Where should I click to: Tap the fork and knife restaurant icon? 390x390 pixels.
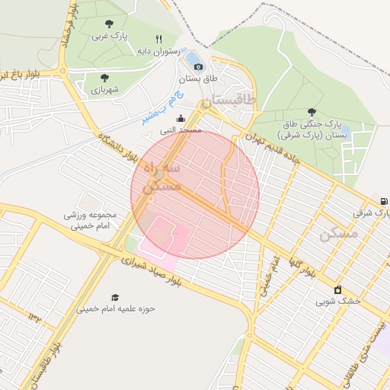(159, 39)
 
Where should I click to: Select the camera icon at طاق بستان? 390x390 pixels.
(199, 66)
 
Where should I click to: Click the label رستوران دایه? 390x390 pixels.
(157, 51)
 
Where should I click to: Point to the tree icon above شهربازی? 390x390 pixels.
(104, 77)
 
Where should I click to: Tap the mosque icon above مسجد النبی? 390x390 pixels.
(181, 118)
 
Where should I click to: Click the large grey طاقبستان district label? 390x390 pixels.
(231, 101)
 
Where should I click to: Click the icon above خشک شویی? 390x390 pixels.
(338, 289)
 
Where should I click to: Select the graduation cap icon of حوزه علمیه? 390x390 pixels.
(115, 297)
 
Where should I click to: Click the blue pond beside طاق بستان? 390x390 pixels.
(193, 58)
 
